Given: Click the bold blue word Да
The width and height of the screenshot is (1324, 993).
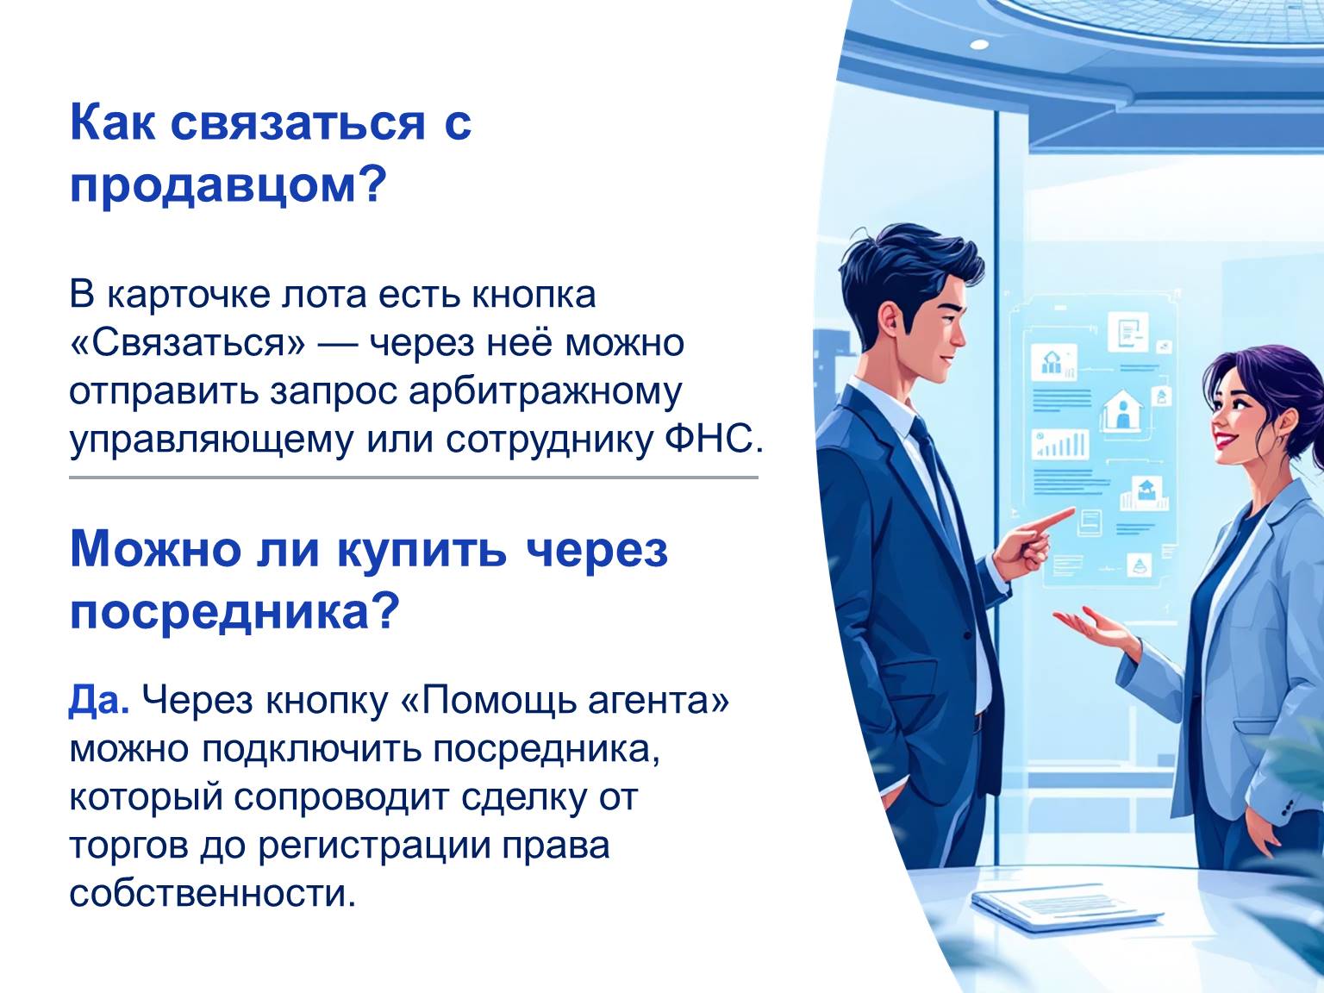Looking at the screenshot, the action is [x=98, y=701].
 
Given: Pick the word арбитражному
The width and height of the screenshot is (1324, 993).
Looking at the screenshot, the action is [x=546, y=392].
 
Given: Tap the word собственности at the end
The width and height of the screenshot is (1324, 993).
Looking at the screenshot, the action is [x=212, y=893].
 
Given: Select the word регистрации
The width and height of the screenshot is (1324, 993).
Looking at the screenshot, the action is [x=374, y=846].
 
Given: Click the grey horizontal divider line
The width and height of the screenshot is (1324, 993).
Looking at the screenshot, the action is [x=413, y=478].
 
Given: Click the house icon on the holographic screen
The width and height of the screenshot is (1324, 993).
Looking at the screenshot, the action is [x=1122, y=410].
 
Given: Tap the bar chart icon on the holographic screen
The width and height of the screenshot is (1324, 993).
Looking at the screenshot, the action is [x=1060, y=444].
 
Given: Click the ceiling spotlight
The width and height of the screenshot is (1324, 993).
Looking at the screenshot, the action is [x=979, y=45].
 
